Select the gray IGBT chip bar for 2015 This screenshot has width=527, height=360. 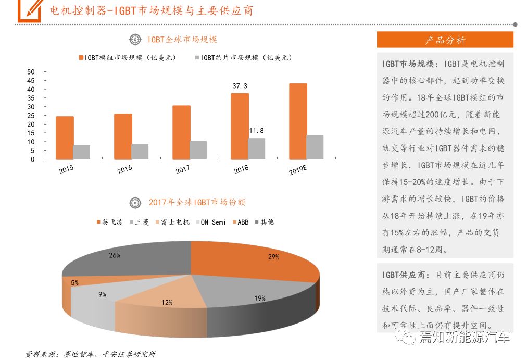click(81, 152)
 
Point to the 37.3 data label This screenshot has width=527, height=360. click(240, 86)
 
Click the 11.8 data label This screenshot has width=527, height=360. click(256, 130)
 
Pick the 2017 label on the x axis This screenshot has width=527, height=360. click(182, 170)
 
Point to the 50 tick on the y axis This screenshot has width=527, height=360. click(31, 72)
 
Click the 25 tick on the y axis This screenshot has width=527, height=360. click(31, 116)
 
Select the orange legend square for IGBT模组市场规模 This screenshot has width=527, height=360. click(81, 58)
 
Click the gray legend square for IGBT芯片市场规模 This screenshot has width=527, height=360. click(197, 58)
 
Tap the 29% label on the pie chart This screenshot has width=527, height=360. click(274, 257)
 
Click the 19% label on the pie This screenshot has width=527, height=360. click(260, 299)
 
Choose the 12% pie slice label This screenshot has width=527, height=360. click(167, 303)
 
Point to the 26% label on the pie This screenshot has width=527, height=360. click(115, 255)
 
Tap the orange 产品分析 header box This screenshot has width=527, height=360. click(445, 40)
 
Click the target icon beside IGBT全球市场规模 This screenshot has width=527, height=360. click(135, 39)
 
